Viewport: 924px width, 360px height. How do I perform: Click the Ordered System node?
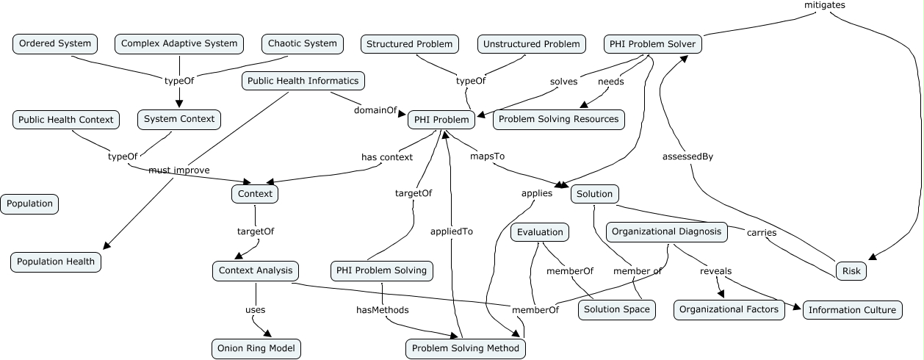pyautogui.click(x=55, y=44)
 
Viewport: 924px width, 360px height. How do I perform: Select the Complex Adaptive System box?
pyautogui.click(x=179, y=44)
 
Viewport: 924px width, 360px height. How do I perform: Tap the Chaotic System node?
pyautogui.click(x=303, y=44)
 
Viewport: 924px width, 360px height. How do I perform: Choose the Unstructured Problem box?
pyautogui.click(x=531, y=45)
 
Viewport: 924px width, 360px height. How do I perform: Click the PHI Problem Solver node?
pyautogui.click(x=653, y=45)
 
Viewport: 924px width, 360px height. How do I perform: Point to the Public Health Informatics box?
pyautogui.click(x=303, y=81)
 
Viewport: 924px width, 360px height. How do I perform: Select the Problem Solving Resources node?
pyautogui.click(x=558, y=119)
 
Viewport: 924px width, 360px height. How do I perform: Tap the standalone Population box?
pyautogui.click(x=30, y=204)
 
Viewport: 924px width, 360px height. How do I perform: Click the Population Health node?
pyautogui.click(x=56, y=262)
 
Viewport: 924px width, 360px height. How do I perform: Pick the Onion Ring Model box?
pyautogui.click(x=256, y=348)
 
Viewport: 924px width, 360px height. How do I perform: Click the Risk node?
pyautogui.click(x=851, y=271)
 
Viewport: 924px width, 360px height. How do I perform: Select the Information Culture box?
pyautogui.click(x=852, y=310)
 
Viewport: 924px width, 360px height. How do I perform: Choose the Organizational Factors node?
pyautogui.click(x=729, y=310)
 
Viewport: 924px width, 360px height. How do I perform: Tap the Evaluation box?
pyautogui.click(x=540, y=233)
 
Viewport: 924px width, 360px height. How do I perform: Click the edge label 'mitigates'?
pyautogui.click(x=825, y=5)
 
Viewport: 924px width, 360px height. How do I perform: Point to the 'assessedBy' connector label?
pyautogui.click(x=687, y=156)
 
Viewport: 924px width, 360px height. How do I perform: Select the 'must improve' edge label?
pyautogui.click(x=178, y=170)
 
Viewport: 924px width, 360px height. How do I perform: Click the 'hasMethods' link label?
pyautogui.click(x=382, y=310)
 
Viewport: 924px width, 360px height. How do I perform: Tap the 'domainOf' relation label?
pyautogui.click(x=375, y=110)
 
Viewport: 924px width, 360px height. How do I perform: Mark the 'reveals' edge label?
pyautogui.click(x=715, y=271)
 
